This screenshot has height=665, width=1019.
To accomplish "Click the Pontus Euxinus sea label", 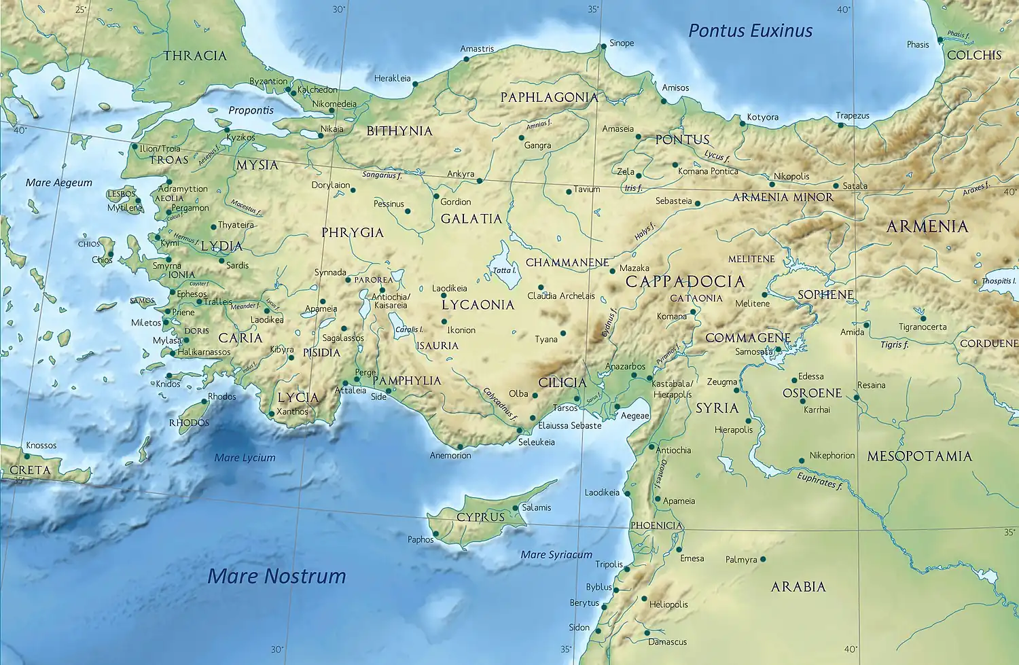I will click(x=750, y=31).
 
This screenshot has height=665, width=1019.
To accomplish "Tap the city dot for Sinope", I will click(x=603, y=46).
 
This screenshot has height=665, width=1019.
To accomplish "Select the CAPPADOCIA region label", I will click(x=685, y=281).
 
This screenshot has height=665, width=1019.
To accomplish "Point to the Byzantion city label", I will click(x=268, y=82).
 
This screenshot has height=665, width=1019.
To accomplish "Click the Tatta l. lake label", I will click(x=504, y=270).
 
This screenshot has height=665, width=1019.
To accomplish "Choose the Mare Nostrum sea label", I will click(x=276, y=576).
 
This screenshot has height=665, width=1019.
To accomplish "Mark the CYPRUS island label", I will click(x=480, y=517).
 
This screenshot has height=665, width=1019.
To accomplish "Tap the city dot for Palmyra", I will click(x=763, y=559).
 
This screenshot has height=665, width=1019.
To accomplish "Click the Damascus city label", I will click(x=667, y=642).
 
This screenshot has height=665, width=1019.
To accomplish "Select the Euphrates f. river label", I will click(x=819, y=481).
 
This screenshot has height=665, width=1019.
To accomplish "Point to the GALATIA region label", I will click(x=471, y=219).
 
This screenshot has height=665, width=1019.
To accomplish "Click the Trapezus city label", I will click(x=853, y=115).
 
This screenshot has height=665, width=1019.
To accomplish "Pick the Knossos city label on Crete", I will click(x=41, y=446).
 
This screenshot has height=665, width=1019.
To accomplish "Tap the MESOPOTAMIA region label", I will click(x=919, y=456).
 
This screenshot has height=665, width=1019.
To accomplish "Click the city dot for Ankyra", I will click(x=480, y=181).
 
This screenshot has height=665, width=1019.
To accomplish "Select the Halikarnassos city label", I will click(x=204, y=353).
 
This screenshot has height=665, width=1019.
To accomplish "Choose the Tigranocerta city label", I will click(x=923, y=327).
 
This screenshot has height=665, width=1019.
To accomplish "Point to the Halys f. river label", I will click(x=644, y=232).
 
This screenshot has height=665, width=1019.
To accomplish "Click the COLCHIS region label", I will click(x=974, y=56).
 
